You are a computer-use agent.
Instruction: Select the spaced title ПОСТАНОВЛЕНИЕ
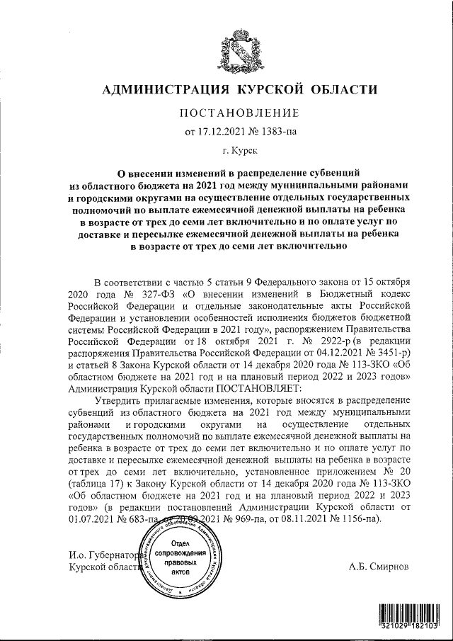pos(239,113)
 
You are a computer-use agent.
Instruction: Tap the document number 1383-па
pos(283,131)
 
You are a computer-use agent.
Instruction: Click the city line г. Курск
pos(240,150)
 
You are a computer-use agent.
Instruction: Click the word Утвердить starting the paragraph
pos(116,401)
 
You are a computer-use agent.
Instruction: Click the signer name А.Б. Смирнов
pos(378,567)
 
